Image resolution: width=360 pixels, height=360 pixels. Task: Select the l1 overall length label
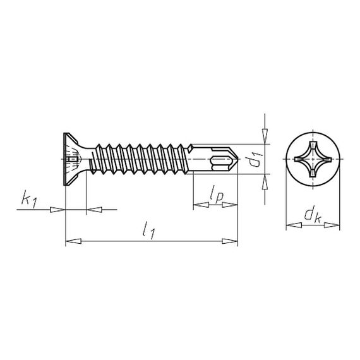148,231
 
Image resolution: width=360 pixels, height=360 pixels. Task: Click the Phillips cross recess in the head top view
313,159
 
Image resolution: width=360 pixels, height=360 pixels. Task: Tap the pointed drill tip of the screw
237,159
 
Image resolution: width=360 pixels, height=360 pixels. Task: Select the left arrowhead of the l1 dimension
73,241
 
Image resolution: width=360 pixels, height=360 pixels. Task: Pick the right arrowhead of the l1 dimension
230,241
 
